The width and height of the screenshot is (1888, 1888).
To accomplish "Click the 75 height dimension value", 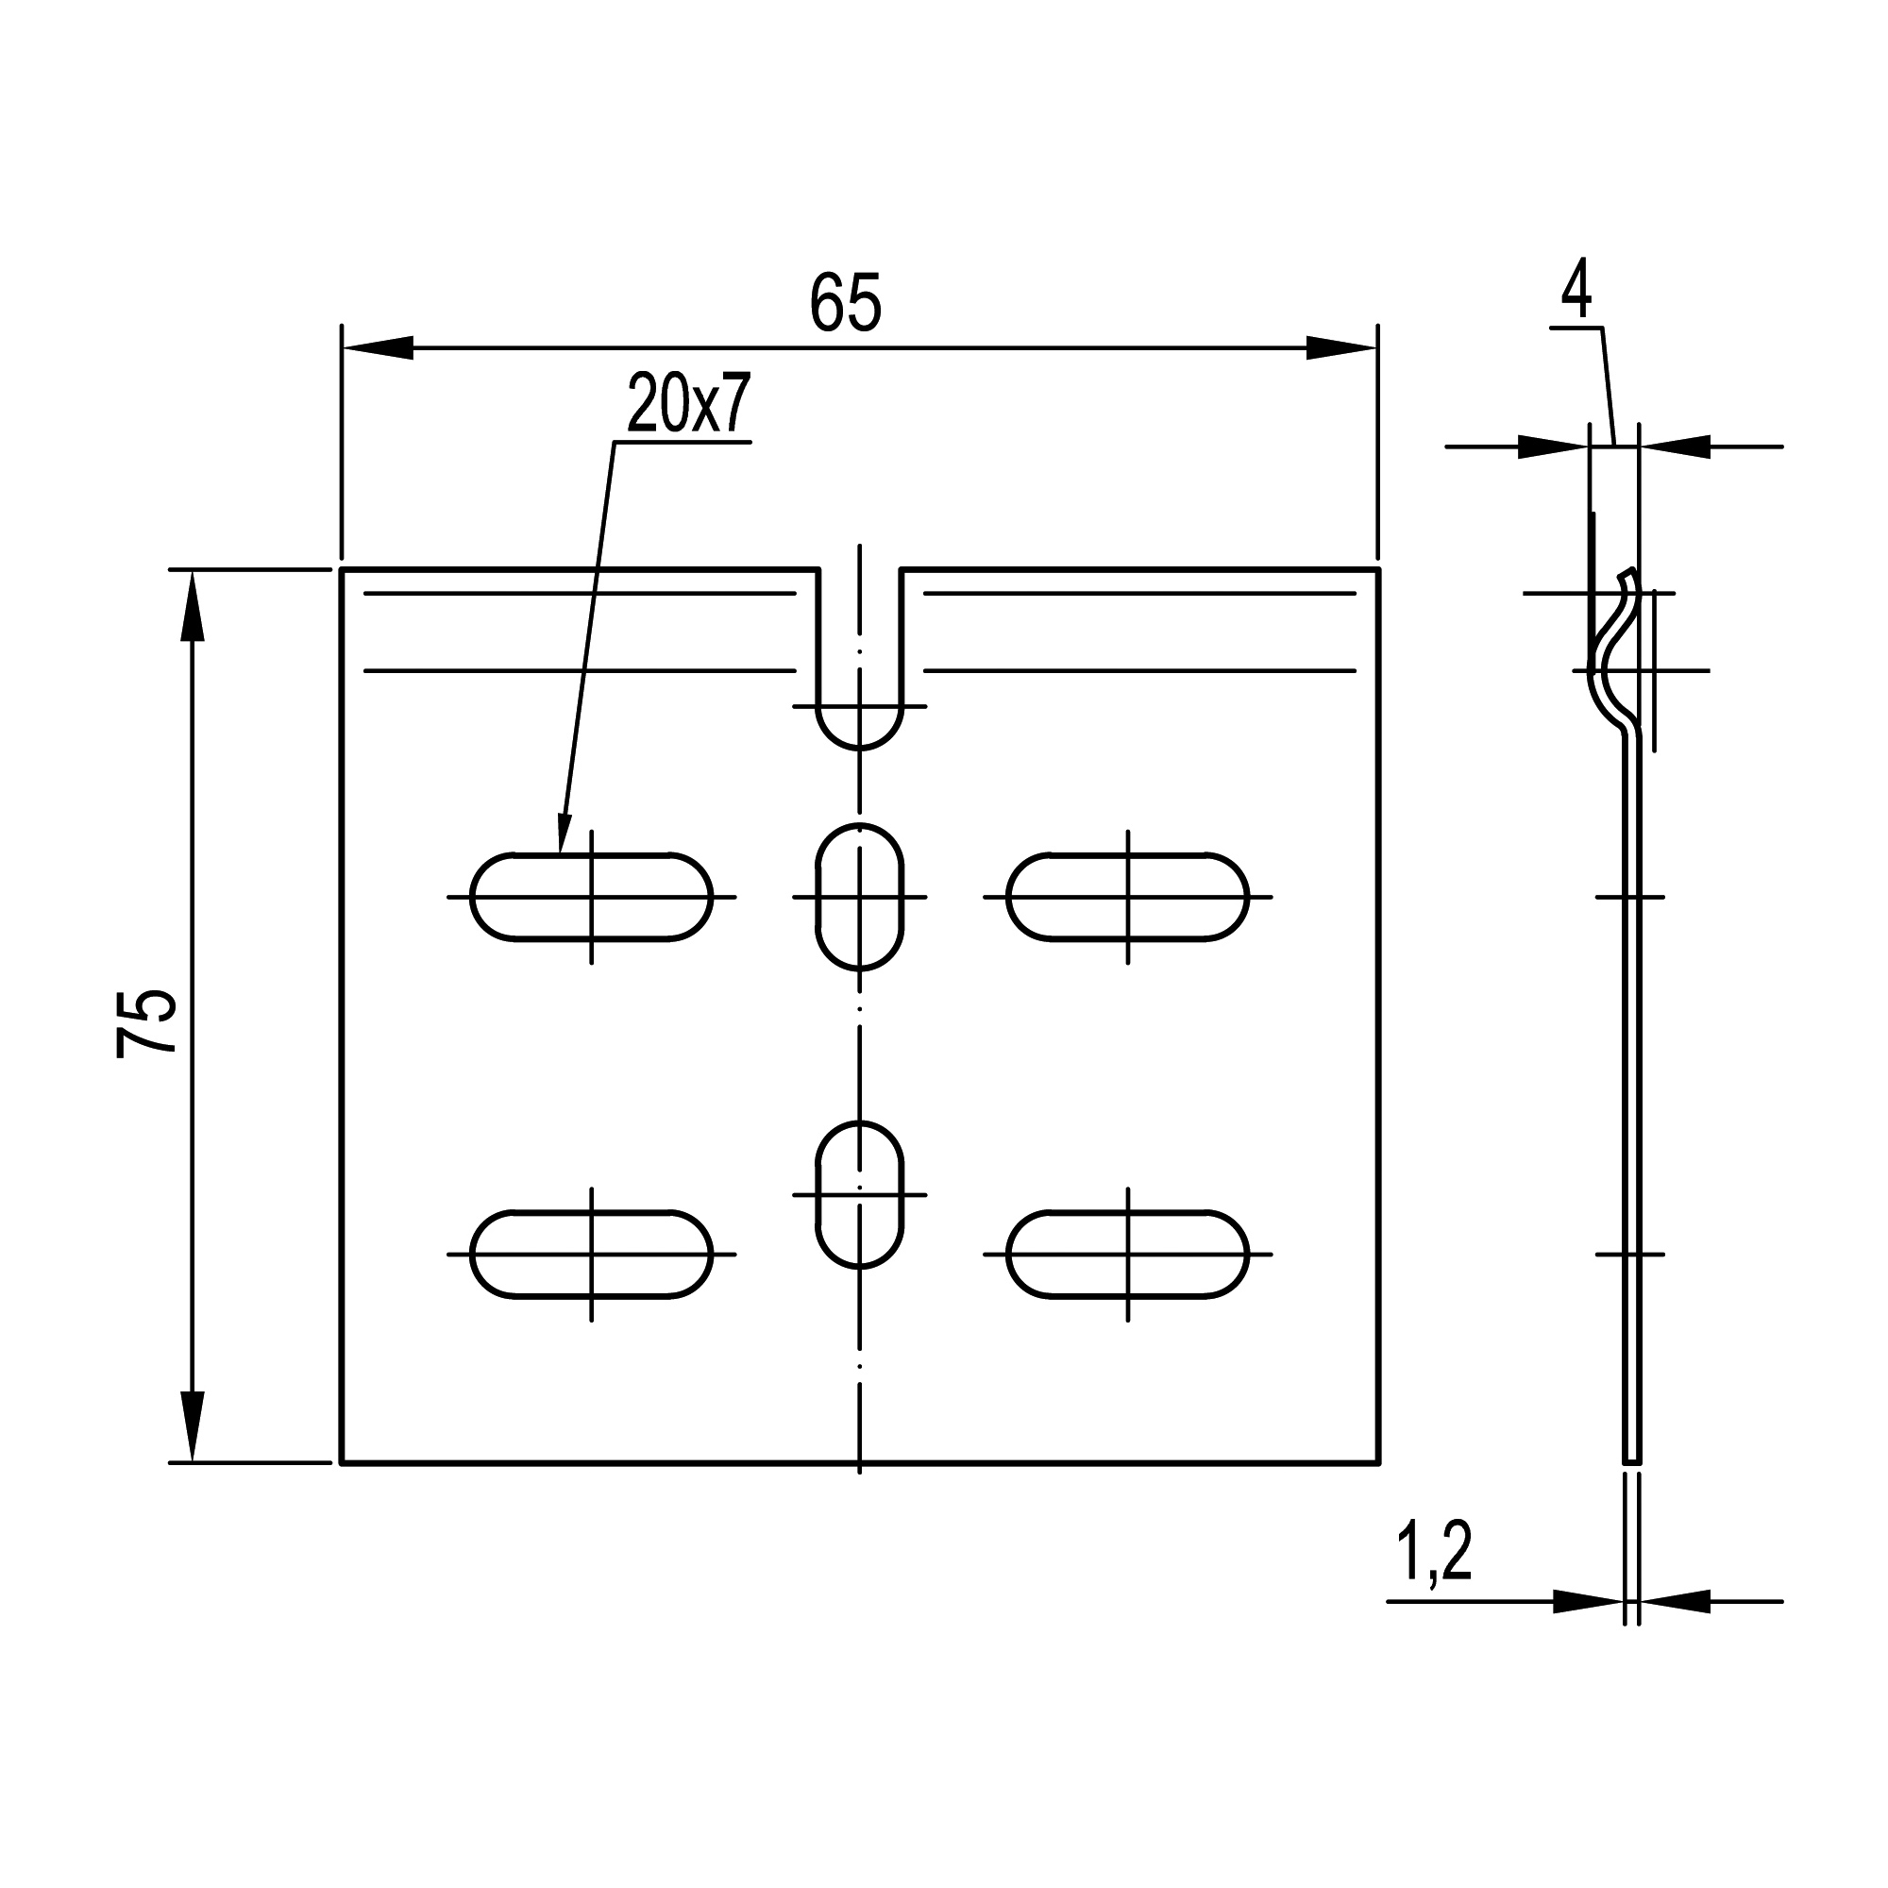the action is [x=145, y=1023].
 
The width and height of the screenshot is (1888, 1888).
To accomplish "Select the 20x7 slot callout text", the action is [x=688, y=406].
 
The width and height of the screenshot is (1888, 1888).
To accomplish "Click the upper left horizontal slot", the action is [x=591, y=897].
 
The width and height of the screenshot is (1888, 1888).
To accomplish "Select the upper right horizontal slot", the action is [x=1128, y=897].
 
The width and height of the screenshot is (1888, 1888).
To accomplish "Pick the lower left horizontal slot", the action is [x=591, y=1254].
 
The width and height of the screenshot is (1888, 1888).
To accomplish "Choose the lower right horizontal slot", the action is [x=1128, y=1254].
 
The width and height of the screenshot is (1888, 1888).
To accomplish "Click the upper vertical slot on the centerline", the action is [x=860, y=897].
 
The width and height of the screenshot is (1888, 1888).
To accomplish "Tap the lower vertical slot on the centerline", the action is [x=860, y=1194].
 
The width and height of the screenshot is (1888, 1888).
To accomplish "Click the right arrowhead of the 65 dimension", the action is [x=1341, y=348].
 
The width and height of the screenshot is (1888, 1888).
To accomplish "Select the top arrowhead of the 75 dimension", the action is [x=194, y=606].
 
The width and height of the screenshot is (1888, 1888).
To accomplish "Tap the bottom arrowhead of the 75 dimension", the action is [x=194, y=1426].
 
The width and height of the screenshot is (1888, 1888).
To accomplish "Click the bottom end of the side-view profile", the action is [x=1632, y=1463].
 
